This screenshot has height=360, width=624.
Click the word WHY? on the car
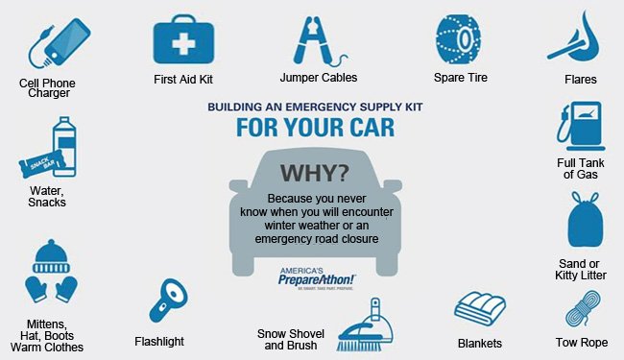[314, 174]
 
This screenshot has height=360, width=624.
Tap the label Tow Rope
[581, 342]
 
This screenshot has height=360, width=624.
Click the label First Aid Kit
[182, 79]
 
